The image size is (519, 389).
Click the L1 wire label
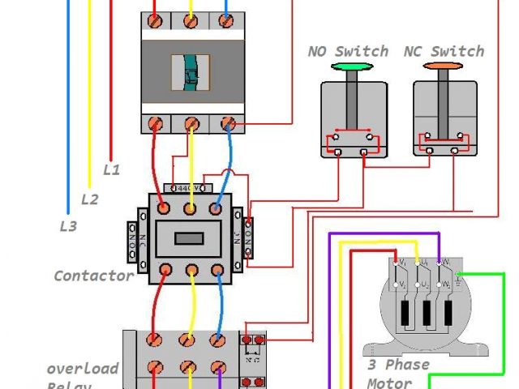111,170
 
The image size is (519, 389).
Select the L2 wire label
89,199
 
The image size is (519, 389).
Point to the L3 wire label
68,227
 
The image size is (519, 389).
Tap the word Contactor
93,276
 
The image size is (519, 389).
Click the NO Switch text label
348,51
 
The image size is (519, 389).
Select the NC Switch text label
444,51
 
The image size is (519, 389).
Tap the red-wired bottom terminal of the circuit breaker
156,124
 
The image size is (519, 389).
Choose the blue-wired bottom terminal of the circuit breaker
228,124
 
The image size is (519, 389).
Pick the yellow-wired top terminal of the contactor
191,209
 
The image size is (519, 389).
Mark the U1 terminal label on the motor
422,263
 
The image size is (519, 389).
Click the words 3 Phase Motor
397,374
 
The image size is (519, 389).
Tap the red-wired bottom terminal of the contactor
165,270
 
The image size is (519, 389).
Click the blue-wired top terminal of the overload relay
217,340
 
